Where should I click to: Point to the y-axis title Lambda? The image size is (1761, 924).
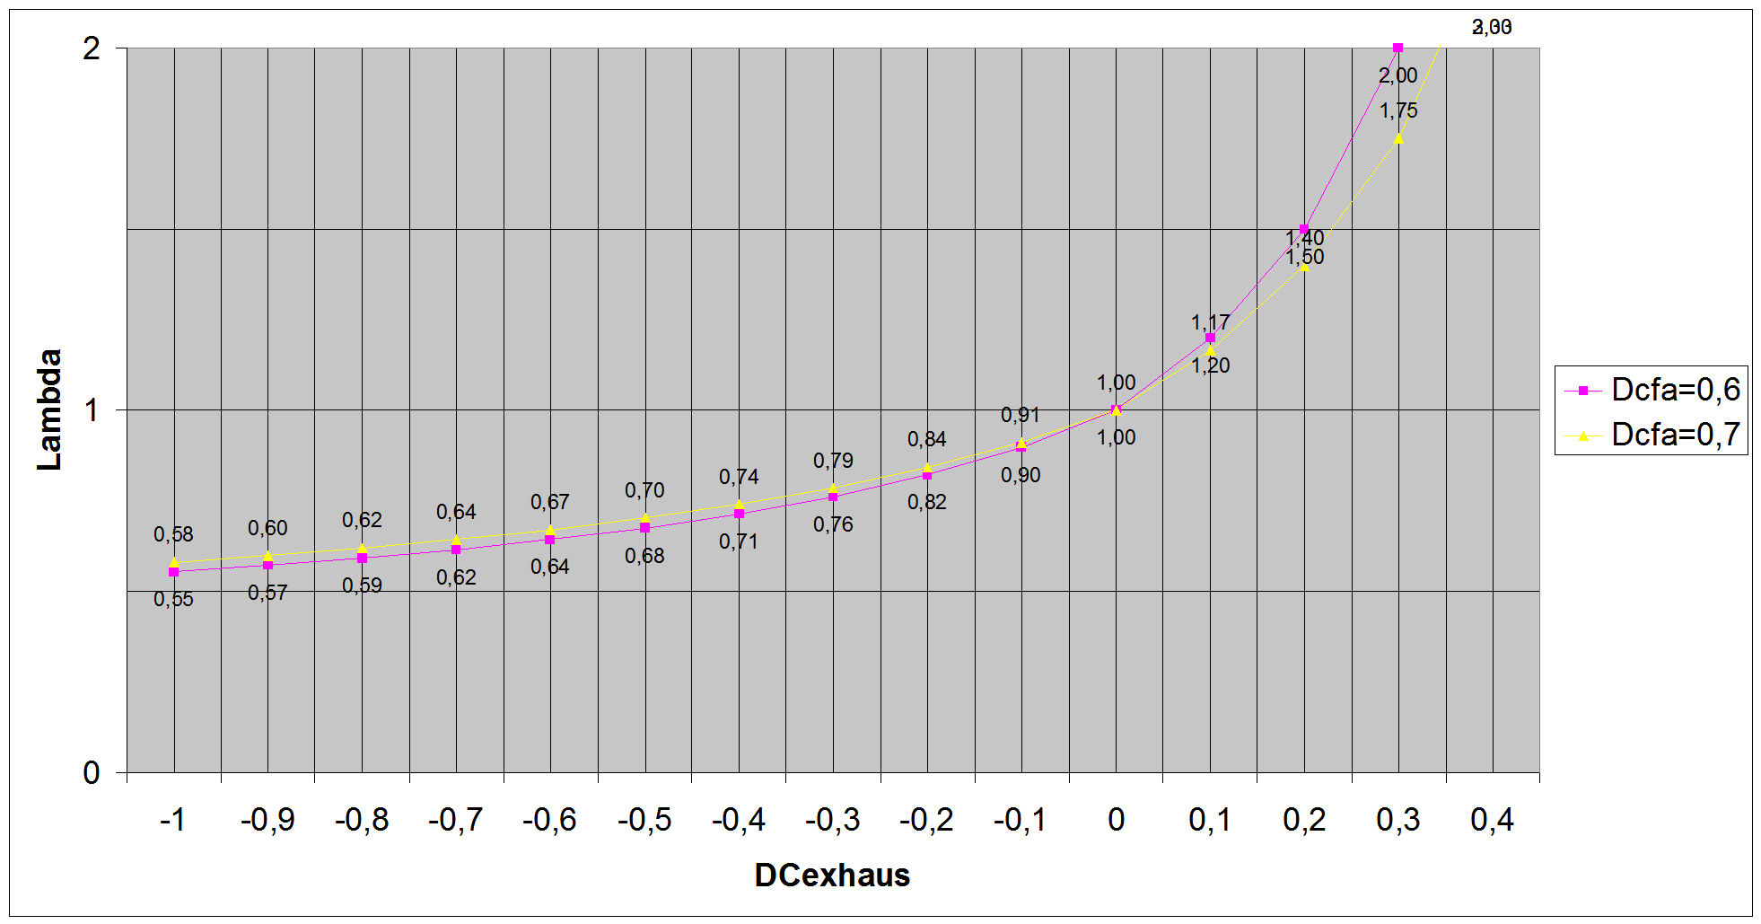50,409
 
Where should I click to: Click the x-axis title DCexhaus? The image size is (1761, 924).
832,875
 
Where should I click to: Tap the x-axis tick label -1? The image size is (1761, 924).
172,820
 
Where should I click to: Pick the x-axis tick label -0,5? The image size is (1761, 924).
644,820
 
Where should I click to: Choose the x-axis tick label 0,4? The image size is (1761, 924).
1492,820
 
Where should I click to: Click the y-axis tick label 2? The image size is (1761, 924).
92,48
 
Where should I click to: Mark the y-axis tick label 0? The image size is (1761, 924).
92,772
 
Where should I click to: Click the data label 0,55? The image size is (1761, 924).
173,599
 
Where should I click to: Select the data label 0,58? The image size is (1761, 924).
173,534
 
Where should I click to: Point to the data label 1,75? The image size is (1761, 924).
1398,110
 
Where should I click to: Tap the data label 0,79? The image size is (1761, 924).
833,461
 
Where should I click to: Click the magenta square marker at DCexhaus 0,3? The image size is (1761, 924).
1397,48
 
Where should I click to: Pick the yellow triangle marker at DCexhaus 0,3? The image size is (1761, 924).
1398,138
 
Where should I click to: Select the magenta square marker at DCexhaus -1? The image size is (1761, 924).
174,572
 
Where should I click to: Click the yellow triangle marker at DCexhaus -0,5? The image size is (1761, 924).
644,518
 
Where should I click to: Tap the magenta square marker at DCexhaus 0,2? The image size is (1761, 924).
1304,229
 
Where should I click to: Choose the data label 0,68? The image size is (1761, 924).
644,556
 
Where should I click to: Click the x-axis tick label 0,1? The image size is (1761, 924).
1210,820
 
